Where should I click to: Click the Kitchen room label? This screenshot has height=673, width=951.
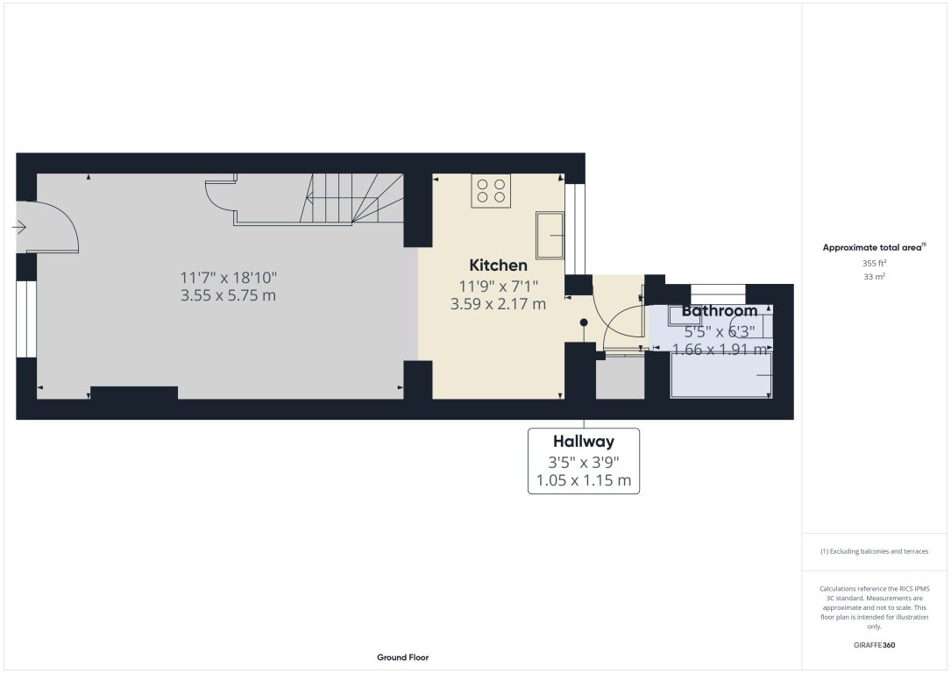pos(498,265)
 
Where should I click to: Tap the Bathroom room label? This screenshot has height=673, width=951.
pos(719,311)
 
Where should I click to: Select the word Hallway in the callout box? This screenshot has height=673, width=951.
pos(583,442)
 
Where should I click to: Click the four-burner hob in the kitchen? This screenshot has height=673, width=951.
pos(491,191)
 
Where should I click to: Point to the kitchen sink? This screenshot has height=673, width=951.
pos(550,235)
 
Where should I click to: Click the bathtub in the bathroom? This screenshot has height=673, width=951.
pos(720,374)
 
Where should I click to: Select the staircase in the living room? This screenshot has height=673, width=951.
pos(351,199)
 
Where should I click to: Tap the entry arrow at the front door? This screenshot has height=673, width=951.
pos(19,227)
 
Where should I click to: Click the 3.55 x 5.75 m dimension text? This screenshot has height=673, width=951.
pos(228,295)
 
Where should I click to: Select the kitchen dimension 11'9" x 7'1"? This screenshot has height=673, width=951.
pos(498,285)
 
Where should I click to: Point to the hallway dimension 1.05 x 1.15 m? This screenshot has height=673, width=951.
pos(583,480)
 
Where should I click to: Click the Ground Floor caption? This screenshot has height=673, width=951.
pos(402,657)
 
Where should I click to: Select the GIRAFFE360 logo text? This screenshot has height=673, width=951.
pos(874,645)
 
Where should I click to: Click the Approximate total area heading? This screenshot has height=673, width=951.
pos(874,248)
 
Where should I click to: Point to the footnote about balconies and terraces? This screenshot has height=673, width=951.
pos(874,551)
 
